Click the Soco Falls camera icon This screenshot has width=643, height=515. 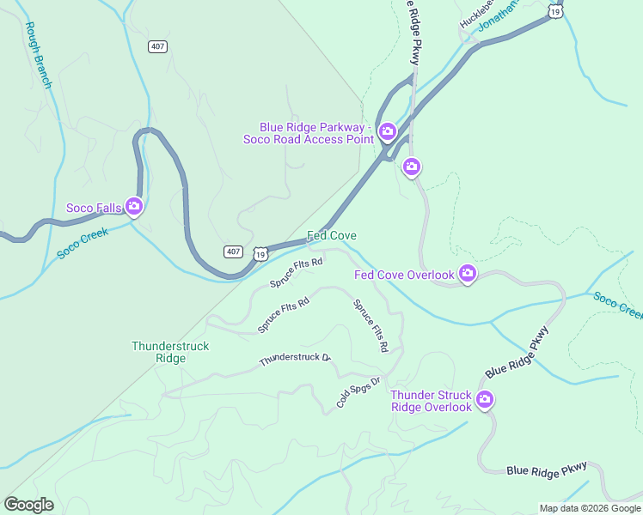point(133,206)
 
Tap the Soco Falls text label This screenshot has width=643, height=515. point(95,208)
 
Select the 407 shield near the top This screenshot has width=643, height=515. point(157,46)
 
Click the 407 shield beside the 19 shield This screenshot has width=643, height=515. point(233,251)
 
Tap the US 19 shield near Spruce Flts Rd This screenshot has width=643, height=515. point(260,252)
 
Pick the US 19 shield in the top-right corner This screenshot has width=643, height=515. point(556,11)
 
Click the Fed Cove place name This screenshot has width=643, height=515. point(332,235)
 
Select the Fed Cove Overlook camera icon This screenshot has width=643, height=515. point(467,274)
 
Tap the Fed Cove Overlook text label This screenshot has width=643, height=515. point(404,275)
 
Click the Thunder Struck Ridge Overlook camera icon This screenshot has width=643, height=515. point(485,400)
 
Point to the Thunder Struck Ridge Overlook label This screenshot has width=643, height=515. point(431,401)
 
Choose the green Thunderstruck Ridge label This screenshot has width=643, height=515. point(170,352)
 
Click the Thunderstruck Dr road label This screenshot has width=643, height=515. point(295,358)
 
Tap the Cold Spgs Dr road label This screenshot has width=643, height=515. point(358,392)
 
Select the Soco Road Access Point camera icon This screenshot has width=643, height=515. point(387,132)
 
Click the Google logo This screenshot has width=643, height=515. point(28,505)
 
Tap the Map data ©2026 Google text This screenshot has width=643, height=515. point(589,508)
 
